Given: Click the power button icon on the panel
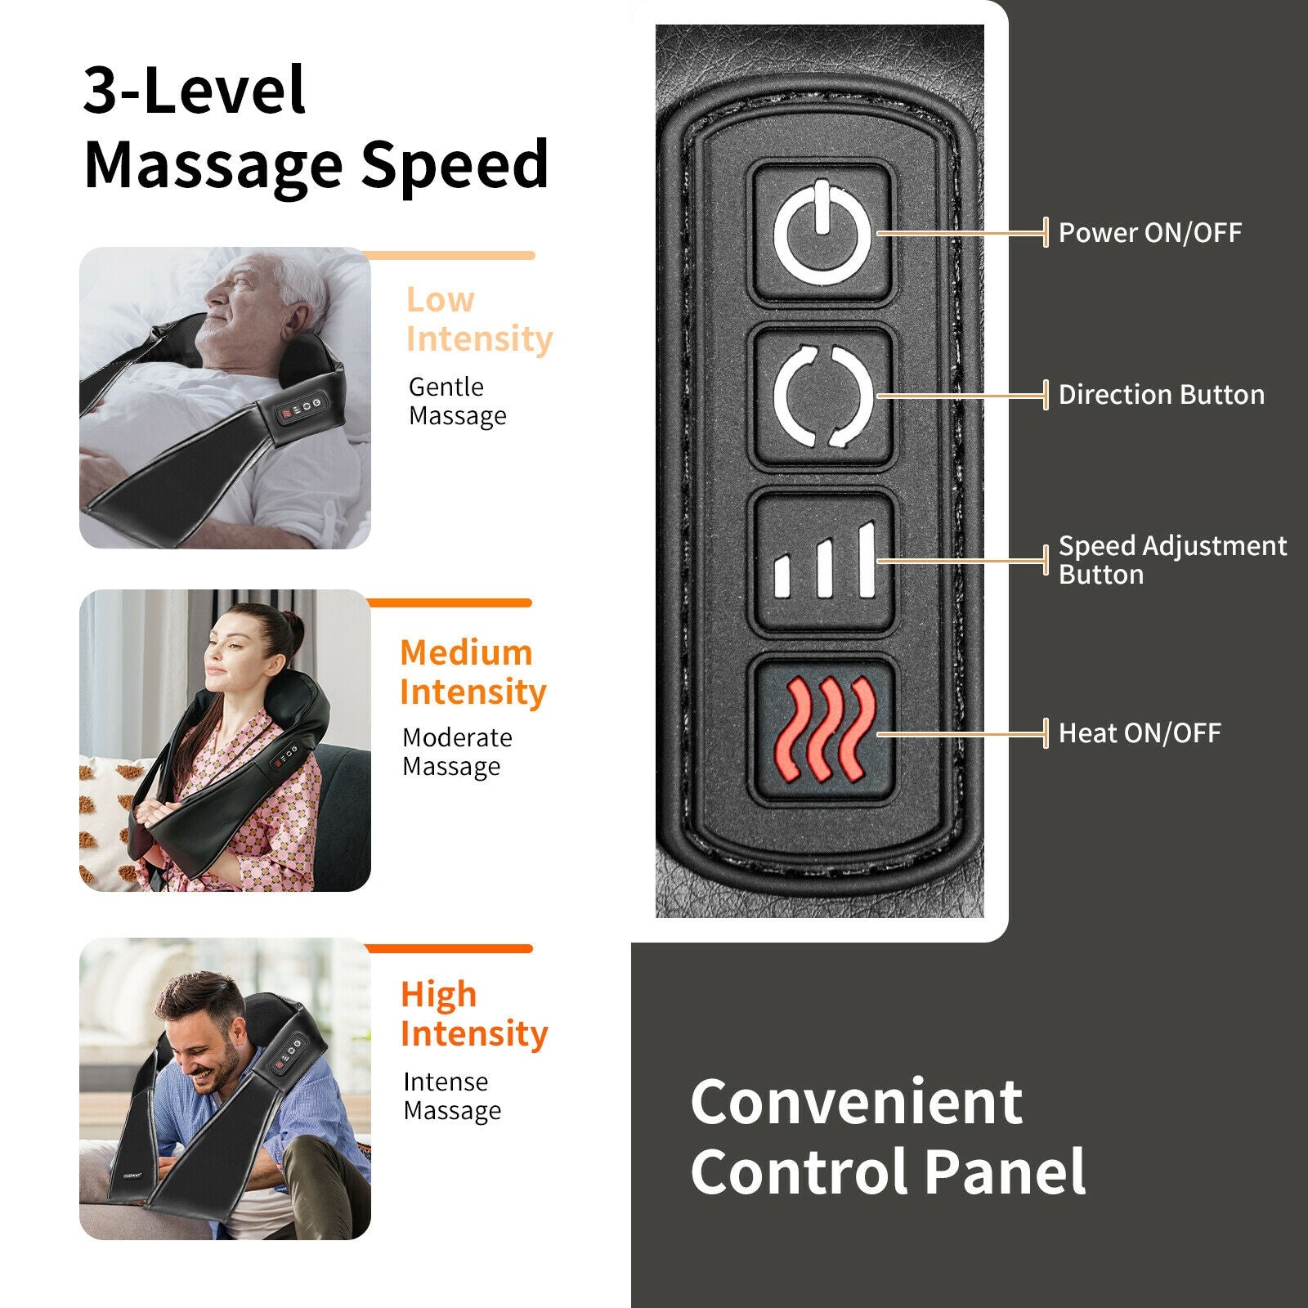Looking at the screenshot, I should point(822,233).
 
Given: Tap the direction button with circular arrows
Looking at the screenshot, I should point(822,396).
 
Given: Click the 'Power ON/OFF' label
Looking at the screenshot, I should point(1149,233).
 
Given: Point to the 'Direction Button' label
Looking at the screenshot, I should point(1161,395).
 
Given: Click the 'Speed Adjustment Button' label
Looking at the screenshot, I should point(1171,560).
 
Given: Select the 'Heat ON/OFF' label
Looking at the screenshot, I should point(1140,733).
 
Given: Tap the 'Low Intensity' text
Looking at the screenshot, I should point(479,320).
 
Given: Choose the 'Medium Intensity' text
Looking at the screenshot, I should point(473,672).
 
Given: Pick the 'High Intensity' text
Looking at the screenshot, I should point(473,1014).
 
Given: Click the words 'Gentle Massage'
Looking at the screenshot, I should point(457,401).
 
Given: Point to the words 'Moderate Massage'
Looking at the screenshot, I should point(457,752).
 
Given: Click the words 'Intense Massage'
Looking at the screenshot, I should point(452,1096).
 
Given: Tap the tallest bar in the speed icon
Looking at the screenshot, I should point(867,560).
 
